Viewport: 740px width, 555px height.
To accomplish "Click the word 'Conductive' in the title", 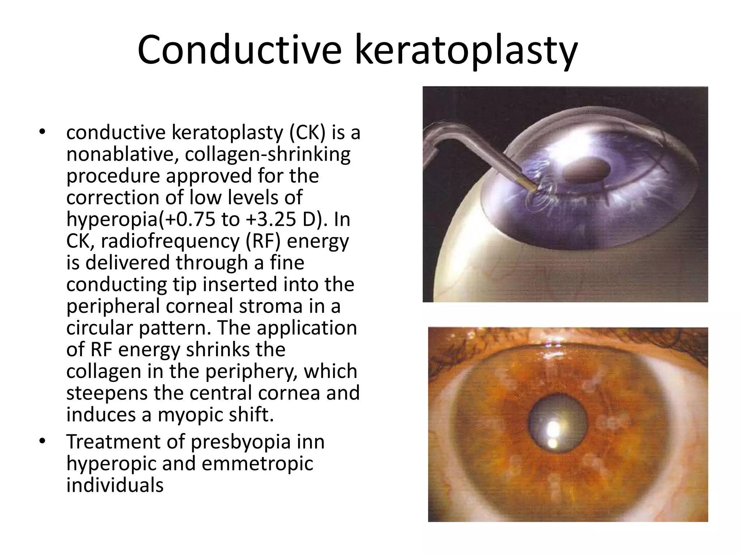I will (x=238, y=51).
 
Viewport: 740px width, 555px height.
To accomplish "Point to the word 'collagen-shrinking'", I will (x=268, y=155).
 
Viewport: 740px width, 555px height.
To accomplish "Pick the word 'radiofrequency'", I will (x=170, y=241).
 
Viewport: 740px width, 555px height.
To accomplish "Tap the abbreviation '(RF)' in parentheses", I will (x=264, y=241).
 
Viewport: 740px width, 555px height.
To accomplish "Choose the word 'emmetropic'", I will (x=257, y=464).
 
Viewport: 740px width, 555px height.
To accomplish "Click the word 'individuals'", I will (x=115, y=485).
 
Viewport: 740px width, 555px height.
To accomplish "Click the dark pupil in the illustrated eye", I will (x=586, y=169).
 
